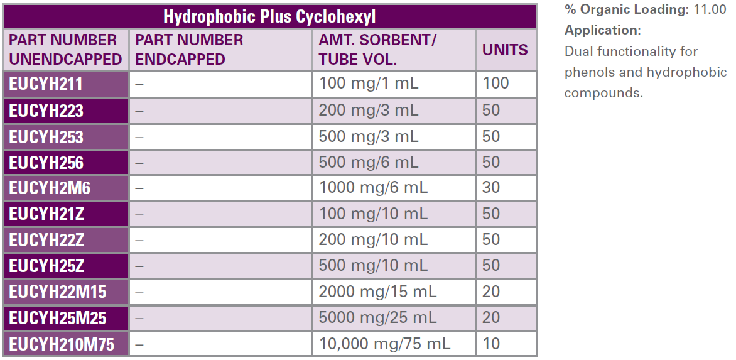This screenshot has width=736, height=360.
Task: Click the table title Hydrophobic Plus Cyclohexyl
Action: pos(269,16)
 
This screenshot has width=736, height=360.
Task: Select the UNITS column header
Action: pos(505,50)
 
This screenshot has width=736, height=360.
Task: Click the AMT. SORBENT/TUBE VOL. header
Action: pos(377,50)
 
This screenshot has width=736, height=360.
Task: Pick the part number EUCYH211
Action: pos(46,84)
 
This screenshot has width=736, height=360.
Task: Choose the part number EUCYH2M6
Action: pos(50,188)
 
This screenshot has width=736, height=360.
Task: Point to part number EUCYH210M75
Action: pos(62,344)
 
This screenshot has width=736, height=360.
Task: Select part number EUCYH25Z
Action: pos(46,266)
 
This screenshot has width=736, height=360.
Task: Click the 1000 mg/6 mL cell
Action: pos(373,188)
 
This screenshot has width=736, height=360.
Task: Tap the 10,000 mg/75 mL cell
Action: pos(384,344)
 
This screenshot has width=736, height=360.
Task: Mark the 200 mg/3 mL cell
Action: pos(368,111)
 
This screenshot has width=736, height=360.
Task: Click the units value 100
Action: pos(495,84)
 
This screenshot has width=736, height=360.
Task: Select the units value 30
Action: pos(491,188)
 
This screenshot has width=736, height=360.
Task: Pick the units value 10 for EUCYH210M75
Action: pos(491,344)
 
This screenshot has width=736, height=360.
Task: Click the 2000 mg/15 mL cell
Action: pos(377,292)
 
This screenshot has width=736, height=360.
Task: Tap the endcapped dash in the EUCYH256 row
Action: pos(139,163)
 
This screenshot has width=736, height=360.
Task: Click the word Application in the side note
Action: pos(600,30)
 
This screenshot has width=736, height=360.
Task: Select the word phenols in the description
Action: pos(588,72)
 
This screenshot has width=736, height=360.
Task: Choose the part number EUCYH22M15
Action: pos(58,292)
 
